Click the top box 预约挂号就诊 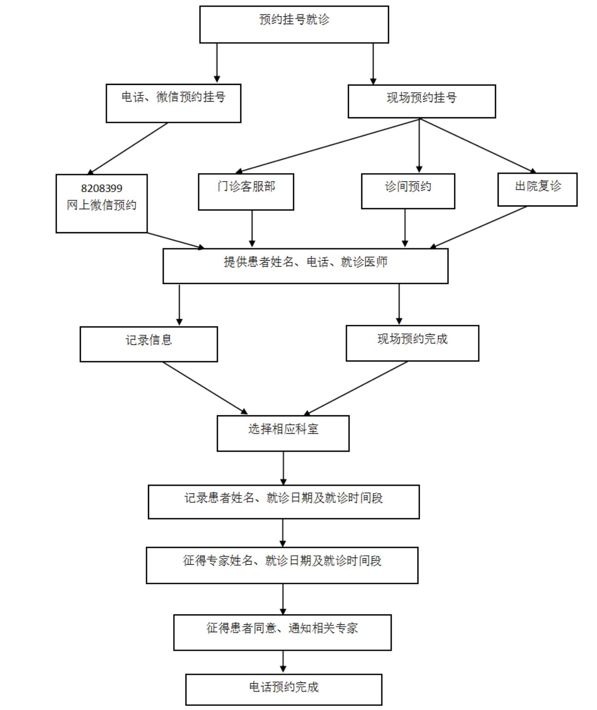pyautogui.click(x=294, y=24)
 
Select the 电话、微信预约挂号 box pyautogui.click(x=174, y=103)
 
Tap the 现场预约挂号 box pyautogui.click(x=422, y=101)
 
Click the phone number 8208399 pyautogui.click(x=102, y=188)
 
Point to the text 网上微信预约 pyautogui.click(x=102, y=205)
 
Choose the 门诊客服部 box pyautogui.click(x=246, y=192)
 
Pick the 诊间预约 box pyautogui.click(x=408, y=191)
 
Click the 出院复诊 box pyautogui.click(x=537, y=189)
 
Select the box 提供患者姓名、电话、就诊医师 pyautogui.click(x=306, y=266)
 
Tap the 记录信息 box pyautogui.click(x=149, y=344)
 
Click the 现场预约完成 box pyautogui.click(x=412, y=343)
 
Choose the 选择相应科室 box pyautogui.click(x=283, y=433)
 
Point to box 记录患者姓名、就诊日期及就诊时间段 pyautogui.click(x=284, y=502)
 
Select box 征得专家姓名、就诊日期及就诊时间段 pyautogui.click(x=282, y=565)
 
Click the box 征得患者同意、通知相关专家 pyautogui.click(x=283, y=632)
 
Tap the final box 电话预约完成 pyautogui.click(x=284, y=689)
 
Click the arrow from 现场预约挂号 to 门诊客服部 pyautogui.click(x=328, y=146)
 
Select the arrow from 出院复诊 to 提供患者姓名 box pyautogui.click(x=478, y=227)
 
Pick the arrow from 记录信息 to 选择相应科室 pyautogui.click(x=205, y=388)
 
